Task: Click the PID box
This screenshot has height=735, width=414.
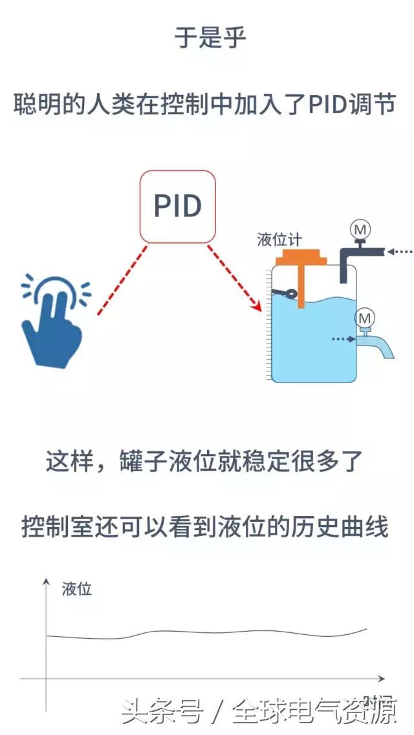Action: coord(178,206)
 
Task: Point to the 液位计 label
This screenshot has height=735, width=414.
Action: coord(279,240)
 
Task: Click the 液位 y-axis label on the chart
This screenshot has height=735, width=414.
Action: coord(77,589)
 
